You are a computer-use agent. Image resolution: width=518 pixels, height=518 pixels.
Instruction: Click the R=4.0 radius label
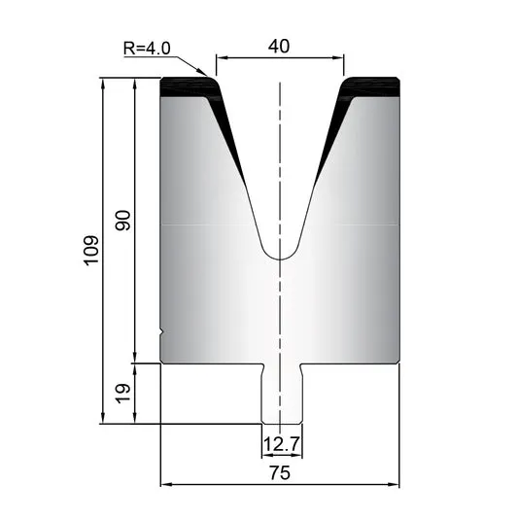147,49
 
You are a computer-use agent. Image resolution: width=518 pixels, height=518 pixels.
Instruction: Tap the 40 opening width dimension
279,47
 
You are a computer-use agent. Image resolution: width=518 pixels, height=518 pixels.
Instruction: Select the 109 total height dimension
91,250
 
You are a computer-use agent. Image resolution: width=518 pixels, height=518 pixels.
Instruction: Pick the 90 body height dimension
122,220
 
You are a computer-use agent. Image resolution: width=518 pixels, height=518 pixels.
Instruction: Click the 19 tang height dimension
122,394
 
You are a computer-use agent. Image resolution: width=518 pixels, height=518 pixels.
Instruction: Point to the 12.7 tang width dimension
282,444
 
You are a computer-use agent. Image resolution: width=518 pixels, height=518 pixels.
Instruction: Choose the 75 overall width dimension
280,472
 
